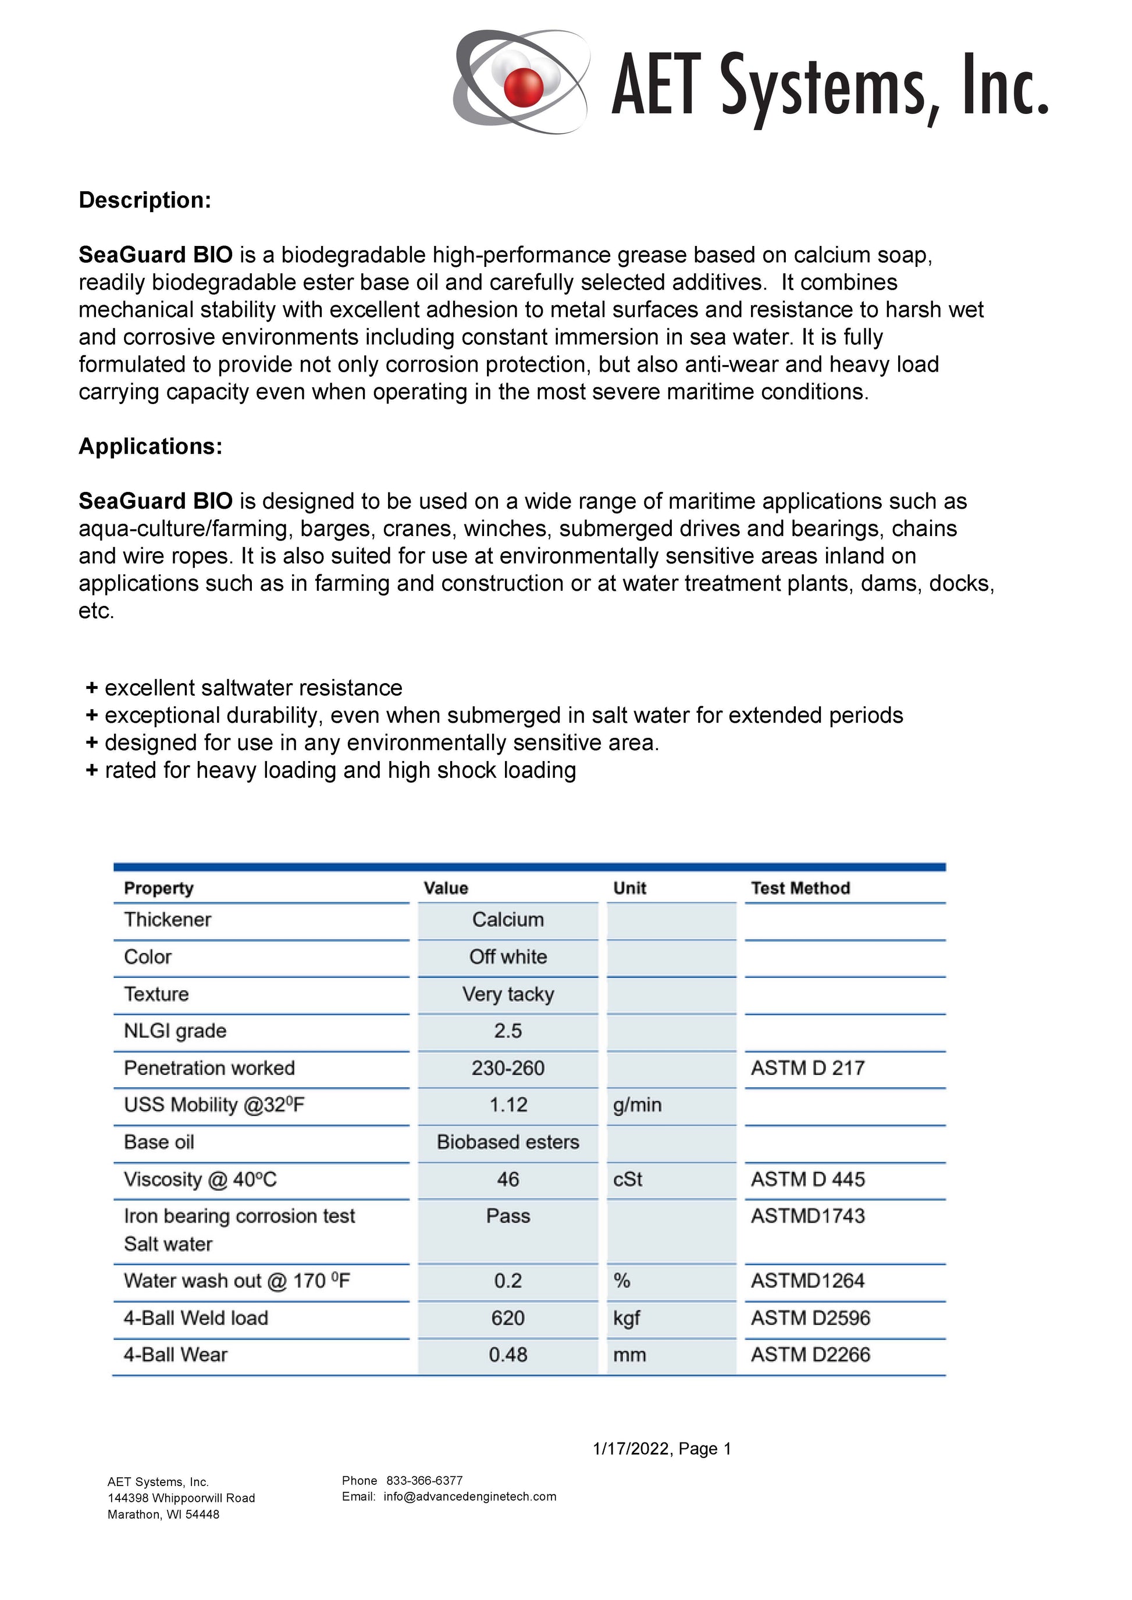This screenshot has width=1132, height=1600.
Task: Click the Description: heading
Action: click(x=144, y=200)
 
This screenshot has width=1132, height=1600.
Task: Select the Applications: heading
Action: click(x=150, y=446)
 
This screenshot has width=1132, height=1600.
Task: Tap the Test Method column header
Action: click(x=800, y=888)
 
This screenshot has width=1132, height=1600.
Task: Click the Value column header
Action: click(x=446, y=888)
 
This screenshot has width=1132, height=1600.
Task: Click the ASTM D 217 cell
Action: click(x=807, y=1067)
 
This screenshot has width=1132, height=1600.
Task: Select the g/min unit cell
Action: click(x=637, y=1105)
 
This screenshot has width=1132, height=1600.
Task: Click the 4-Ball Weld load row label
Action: click(x=196, y=1318)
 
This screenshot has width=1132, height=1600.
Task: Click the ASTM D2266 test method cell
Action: click(x=810, y=1355)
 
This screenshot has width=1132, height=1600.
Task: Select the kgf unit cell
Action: click(x=626, y=1318)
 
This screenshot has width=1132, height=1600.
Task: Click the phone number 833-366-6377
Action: click(x=424, y=1480)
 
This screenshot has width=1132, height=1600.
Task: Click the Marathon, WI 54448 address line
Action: click(x=163, y=1515)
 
